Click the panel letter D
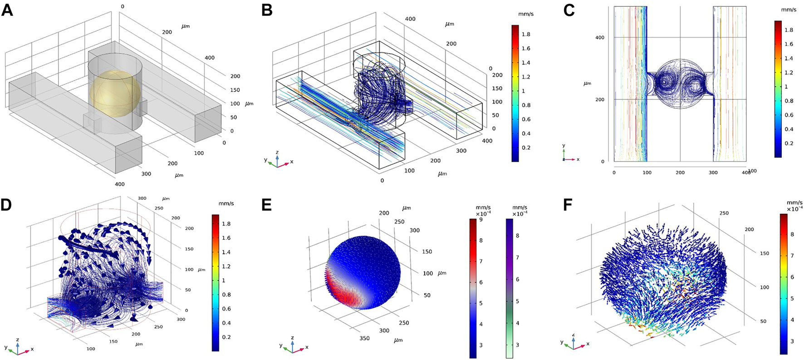coord(7,205)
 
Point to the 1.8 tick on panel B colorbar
coord(526,34)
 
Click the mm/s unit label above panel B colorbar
coord(526,14)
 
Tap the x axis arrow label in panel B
coord(291,162)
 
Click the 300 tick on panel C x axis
coord(713,173)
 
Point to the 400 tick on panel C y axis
coord(600,38)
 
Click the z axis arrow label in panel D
coord(17,339)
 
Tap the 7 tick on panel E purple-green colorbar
coord(516,257)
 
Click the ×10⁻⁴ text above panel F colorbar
coord(794,208)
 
